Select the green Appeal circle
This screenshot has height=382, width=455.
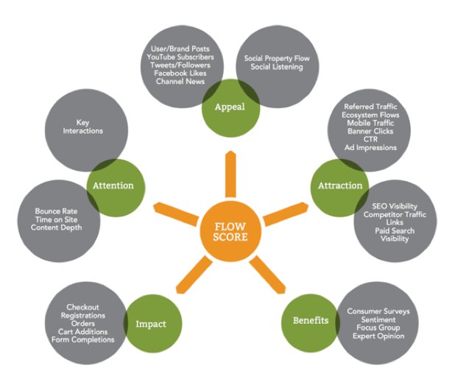tap(230, 106)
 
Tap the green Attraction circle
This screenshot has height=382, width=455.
tap(340, 185)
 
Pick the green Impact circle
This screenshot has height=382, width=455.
tap(152, 323)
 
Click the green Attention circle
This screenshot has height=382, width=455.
tap(113, 185)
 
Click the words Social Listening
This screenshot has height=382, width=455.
tap(275, 67)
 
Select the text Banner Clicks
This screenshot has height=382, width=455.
tap(370, 131)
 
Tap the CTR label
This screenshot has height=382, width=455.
tap(370, 139)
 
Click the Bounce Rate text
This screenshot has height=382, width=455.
tap(56, 211)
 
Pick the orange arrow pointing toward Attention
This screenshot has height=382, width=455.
tap(174, 208)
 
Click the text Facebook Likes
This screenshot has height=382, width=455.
tap(181, 73)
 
